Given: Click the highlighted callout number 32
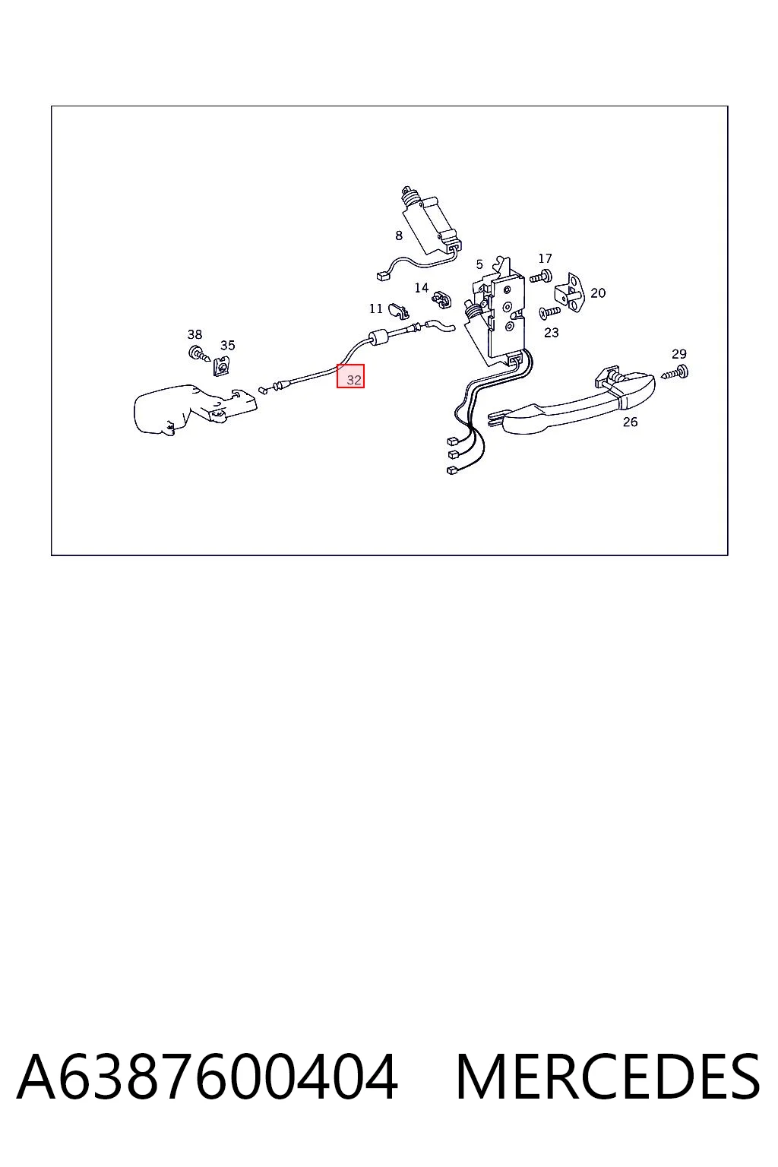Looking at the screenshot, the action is click(x=354, y=380).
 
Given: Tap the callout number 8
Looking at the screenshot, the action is click(x=399, y=236).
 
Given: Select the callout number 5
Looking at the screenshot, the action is click(x=479, y=264).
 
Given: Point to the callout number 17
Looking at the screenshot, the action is click(x=545, y=258).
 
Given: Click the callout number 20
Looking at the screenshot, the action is click(x=598, y=293).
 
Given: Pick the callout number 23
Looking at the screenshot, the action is click(x=552, y=332).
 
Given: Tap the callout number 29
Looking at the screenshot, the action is click(x=679, y=354).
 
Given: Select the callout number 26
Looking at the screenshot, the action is click(x=630, y=422).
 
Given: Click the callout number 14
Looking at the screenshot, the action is click(x=422, y=288).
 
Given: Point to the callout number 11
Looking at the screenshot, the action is click(x=376, y=309).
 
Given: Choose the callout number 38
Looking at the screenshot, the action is click(x=195, y=334).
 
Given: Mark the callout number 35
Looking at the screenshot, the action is click(x=228, y=345).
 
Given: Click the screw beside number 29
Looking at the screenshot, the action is click(x=675, y=373).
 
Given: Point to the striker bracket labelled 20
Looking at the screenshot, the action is click(x=570, y=292).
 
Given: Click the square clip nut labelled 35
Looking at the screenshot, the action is click(x=221, y=366).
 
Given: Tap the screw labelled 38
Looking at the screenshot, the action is click(x=198, y=354).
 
